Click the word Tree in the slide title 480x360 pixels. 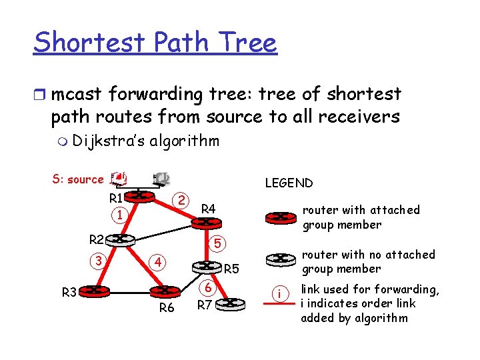(251, 43)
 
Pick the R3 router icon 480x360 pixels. (97, 291)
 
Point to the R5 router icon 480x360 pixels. (206, 266)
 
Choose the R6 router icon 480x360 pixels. (164, 291)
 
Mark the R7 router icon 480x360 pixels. (231, 303)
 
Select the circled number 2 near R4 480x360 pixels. (181, 200)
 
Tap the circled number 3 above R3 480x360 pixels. (99, 259)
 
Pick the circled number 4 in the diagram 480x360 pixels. (157, 261)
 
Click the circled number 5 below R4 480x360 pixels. (217, 243)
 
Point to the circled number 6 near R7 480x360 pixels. (208, 288)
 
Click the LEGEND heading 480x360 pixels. (289, 183)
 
